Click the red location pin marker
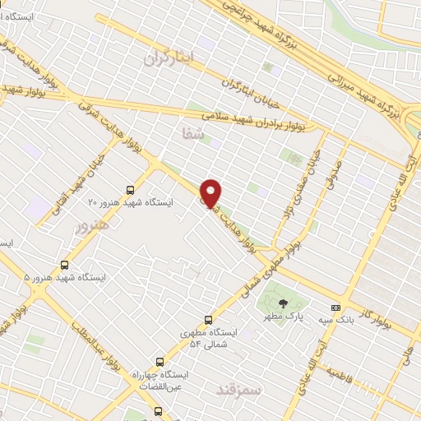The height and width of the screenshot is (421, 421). click(211, 192)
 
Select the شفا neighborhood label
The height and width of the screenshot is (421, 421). click(192, 132)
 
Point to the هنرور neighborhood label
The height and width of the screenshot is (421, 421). click(90, 224)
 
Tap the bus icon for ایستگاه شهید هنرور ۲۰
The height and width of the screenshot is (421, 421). click(130, 190)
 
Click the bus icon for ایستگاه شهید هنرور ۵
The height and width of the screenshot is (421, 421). click(64, 265)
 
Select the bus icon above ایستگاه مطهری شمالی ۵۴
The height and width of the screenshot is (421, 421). click(207, 320)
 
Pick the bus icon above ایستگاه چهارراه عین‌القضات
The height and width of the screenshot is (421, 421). click(160, 362)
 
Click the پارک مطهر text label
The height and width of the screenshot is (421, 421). click(289, 317)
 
